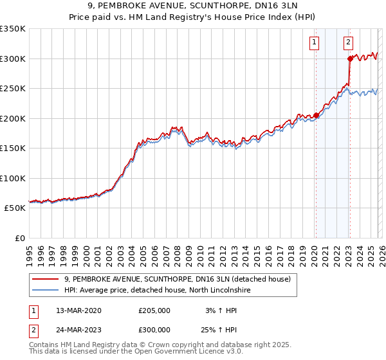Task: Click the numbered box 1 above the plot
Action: pos(315,43)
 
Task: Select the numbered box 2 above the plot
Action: pos(348,43)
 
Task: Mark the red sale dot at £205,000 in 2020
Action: pos(316,116)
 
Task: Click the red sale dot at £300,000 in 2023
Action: pos(350,59)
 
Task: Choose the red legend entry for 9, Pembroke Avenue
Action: pos(178,279)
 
